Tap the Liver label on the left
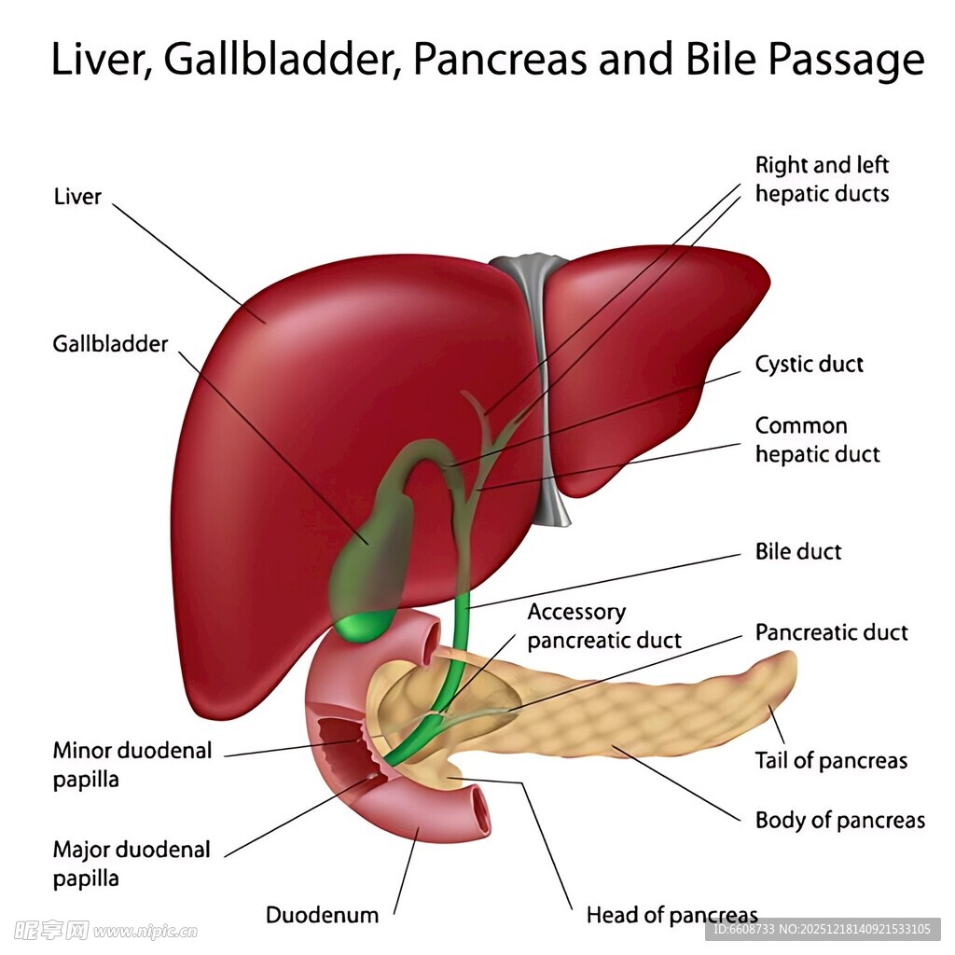tap(77, 197)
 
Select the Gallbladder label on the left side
tap(110, 344)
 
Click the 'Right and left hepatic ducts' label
tap(822, 179)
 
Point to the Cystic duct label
tap(809, 364)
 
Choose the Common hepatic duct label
tap(817, 440)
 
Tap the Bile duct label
tap(797, 551)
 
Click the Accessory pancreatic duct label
tap(603, 626)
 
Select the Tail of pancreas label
tap(830, 760)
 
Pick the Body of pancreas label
tap(839, 821)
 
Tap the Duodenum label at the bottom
tap(322, 915)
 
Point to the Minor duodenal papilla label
tap(131, 765)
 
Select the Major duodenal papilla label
tap(131, 864)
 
